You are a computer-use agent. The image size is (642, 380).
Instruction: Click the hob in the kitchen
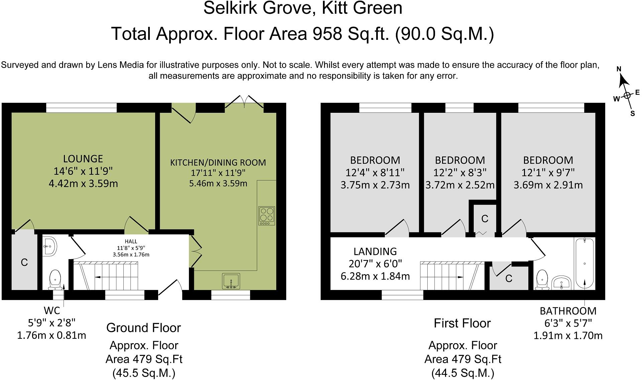[x=266, y=216]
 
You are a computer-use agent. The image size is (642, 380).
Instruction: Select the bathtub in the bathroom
[x=584, y=263]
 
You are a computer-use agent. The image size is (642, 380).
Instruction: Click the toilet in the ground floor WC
[x=55, y=280]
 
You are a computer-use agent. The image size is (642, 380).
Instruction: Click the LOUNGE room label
[x=83, y=159]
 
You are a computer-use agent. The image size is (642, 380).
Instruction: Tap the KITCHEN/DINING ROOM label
[x=218, y=163]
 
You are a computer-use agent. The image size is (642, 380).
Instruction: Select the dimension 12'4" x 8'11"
[x=375, y=173]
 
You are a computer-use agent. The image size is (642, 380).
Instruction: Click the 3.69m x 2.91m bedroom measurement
[x=548, y=185]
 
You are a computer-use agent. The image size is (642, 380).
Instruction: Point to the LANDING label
[x=375, y=251]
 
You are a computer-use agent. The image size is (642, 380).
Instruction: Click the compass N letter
[x=619, y=69]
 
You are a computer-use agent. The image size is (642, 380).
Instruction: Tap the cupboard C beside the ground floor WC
[x=24, y=262]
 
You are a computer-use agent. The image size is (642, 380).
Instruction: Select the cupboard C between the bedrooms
[x=485, y=219]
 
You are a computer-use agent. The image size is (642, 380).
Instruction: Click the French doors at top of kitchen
[x=244, y=102]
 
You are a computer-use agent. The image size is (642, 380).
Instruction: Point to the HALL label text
[x=131, y=241]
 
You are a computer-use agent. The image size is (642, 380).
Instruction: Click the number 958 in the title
[x=327, y=34]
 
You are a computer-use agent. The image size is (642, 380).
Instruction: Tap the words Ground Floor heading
[x=143, y=328]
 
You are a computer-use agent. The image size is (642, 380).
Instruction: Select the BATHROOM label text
[x=568, y=311]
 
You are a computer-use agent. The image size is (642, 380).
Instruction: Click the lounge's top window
[x=81, y=108]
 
